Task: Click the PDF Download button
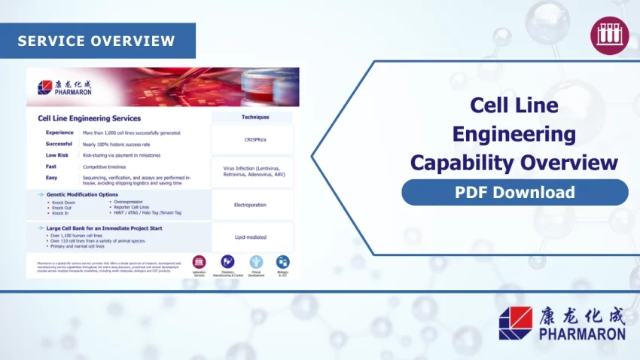[x=514, y=192]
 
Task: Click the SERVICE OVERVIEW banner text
[x=96, y=41]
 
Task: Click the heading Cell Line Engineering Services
[x=89, y=118]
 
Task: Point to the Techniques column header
[x=254, y=117]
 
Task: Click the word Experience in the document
[x=59, y=133]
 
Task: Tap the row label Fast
[x=51, y=166]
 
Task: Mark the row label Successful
[x=59, y=144]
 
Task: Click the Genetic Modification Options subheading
[x=82, y=194]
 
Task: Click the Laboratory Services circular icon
[x=200, y=262]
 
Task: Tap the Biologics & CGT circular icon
[x=282, y=262]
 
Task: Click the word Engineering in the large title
[x=514, y=135]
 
